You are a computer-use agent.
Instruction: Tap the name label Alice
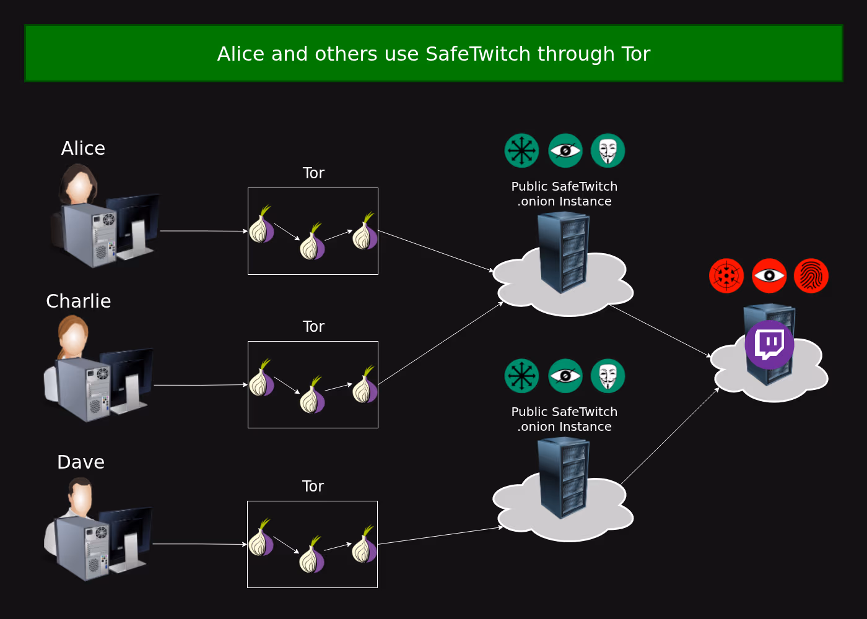(83, 149)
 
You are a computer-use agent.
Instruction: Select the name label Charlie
(79, 301)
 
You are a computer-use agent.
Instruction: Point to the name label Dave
(81, 462)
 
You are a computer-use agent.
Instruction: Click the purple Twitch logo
(769, 345)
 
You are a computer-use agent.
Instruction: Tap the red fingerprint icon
(811, 275)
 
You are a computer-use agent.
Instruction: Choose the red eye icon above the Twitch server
(769, 275)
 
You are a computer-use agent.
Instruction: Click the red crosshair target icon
(726, 275)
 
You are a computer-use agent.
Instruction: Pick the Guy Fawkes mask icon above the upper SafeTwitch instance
(608, 150)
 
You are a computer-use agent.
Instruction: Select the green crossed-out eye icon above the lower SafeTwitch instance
(565, 376)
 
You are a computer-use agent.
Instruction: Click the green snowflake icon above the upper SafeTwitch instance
(522, 150)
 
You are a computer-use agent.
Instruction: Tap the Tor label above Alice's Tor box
(313, 173)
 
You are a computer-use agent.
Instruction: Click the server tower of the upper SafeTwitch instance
(563, 251)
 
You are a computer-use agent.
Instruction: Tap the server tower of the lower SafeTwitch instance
(563, 477)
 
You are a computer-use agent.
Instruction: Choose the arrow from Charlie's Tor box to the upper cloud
(440, 344)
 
